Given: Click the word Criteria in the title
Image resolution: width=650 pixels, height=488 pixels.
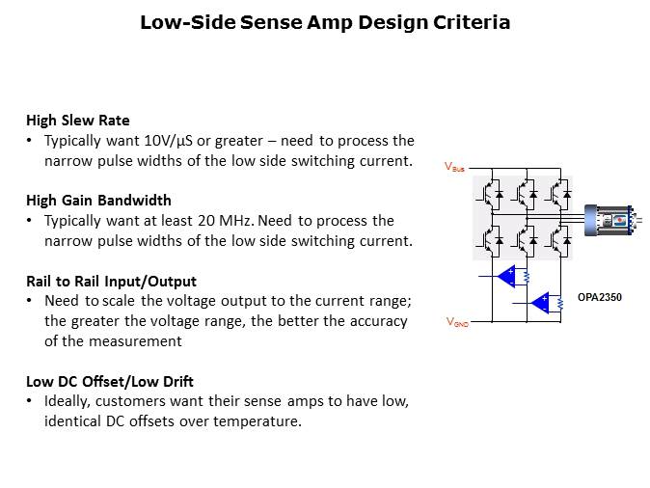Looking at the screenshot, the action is pyautogui.click(x=472, y=22).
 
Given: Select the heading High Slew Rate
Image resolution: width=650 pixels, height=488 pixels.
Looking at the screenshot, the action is pyautogui.click(x=78, y=121).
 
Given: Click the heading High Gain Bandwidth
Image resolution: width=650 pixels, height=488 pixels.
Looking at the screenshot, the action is pyautogui.click(x=98, y=201).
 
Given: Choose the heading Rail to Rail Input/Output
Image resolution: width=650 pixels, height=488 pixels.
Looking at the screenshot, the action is pyautogui.click(x=111, y=282).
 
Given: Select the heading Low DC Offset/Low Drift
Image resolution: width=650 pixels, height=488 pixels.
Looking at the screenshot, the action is pyautogui.click(x=110, y=382).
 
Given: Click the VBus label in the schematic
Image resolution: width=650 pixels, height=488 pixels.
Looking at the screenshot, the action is pyautogui.click(x=454, y=167).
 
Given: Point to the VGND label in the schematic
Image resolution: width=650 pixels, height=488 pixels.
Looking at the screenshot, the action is pyautogui.click(x=457, y=322).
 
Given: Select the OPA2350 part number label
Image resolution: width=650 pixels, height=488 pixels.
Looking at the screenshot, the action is pyautogui.click(x=600, y=297).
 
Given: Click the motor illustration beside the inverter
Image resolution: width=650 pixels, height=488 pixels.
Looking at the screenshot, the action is pyautogui.click(x=612, y=220).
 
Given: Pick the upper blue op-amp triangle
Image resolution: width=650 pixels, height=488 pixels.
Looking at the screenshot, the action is pyautogui.click(x=506, y=276).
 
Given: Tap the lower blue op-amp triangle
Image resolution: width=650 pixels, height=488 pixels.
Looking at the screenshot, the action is pyautogui.click(x=540, y=303).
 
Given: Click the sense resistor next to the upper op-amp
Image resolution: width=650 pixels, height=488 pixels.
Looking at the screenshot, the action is pyautogui.click(x=527, y=277).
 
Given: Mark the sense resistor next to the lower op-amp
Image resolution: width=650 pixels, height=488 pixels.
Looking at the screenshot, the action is pyautogui.click(x=560, y=304).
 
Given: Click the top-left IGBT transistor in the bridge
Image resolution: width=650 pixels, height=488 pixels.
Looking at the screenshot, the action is pyautogui.click(x=492, y=194).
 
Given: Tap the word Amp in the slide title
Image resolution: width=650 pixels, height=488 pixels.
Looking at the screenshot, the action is pyautogui.click(x=330, y=23).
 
